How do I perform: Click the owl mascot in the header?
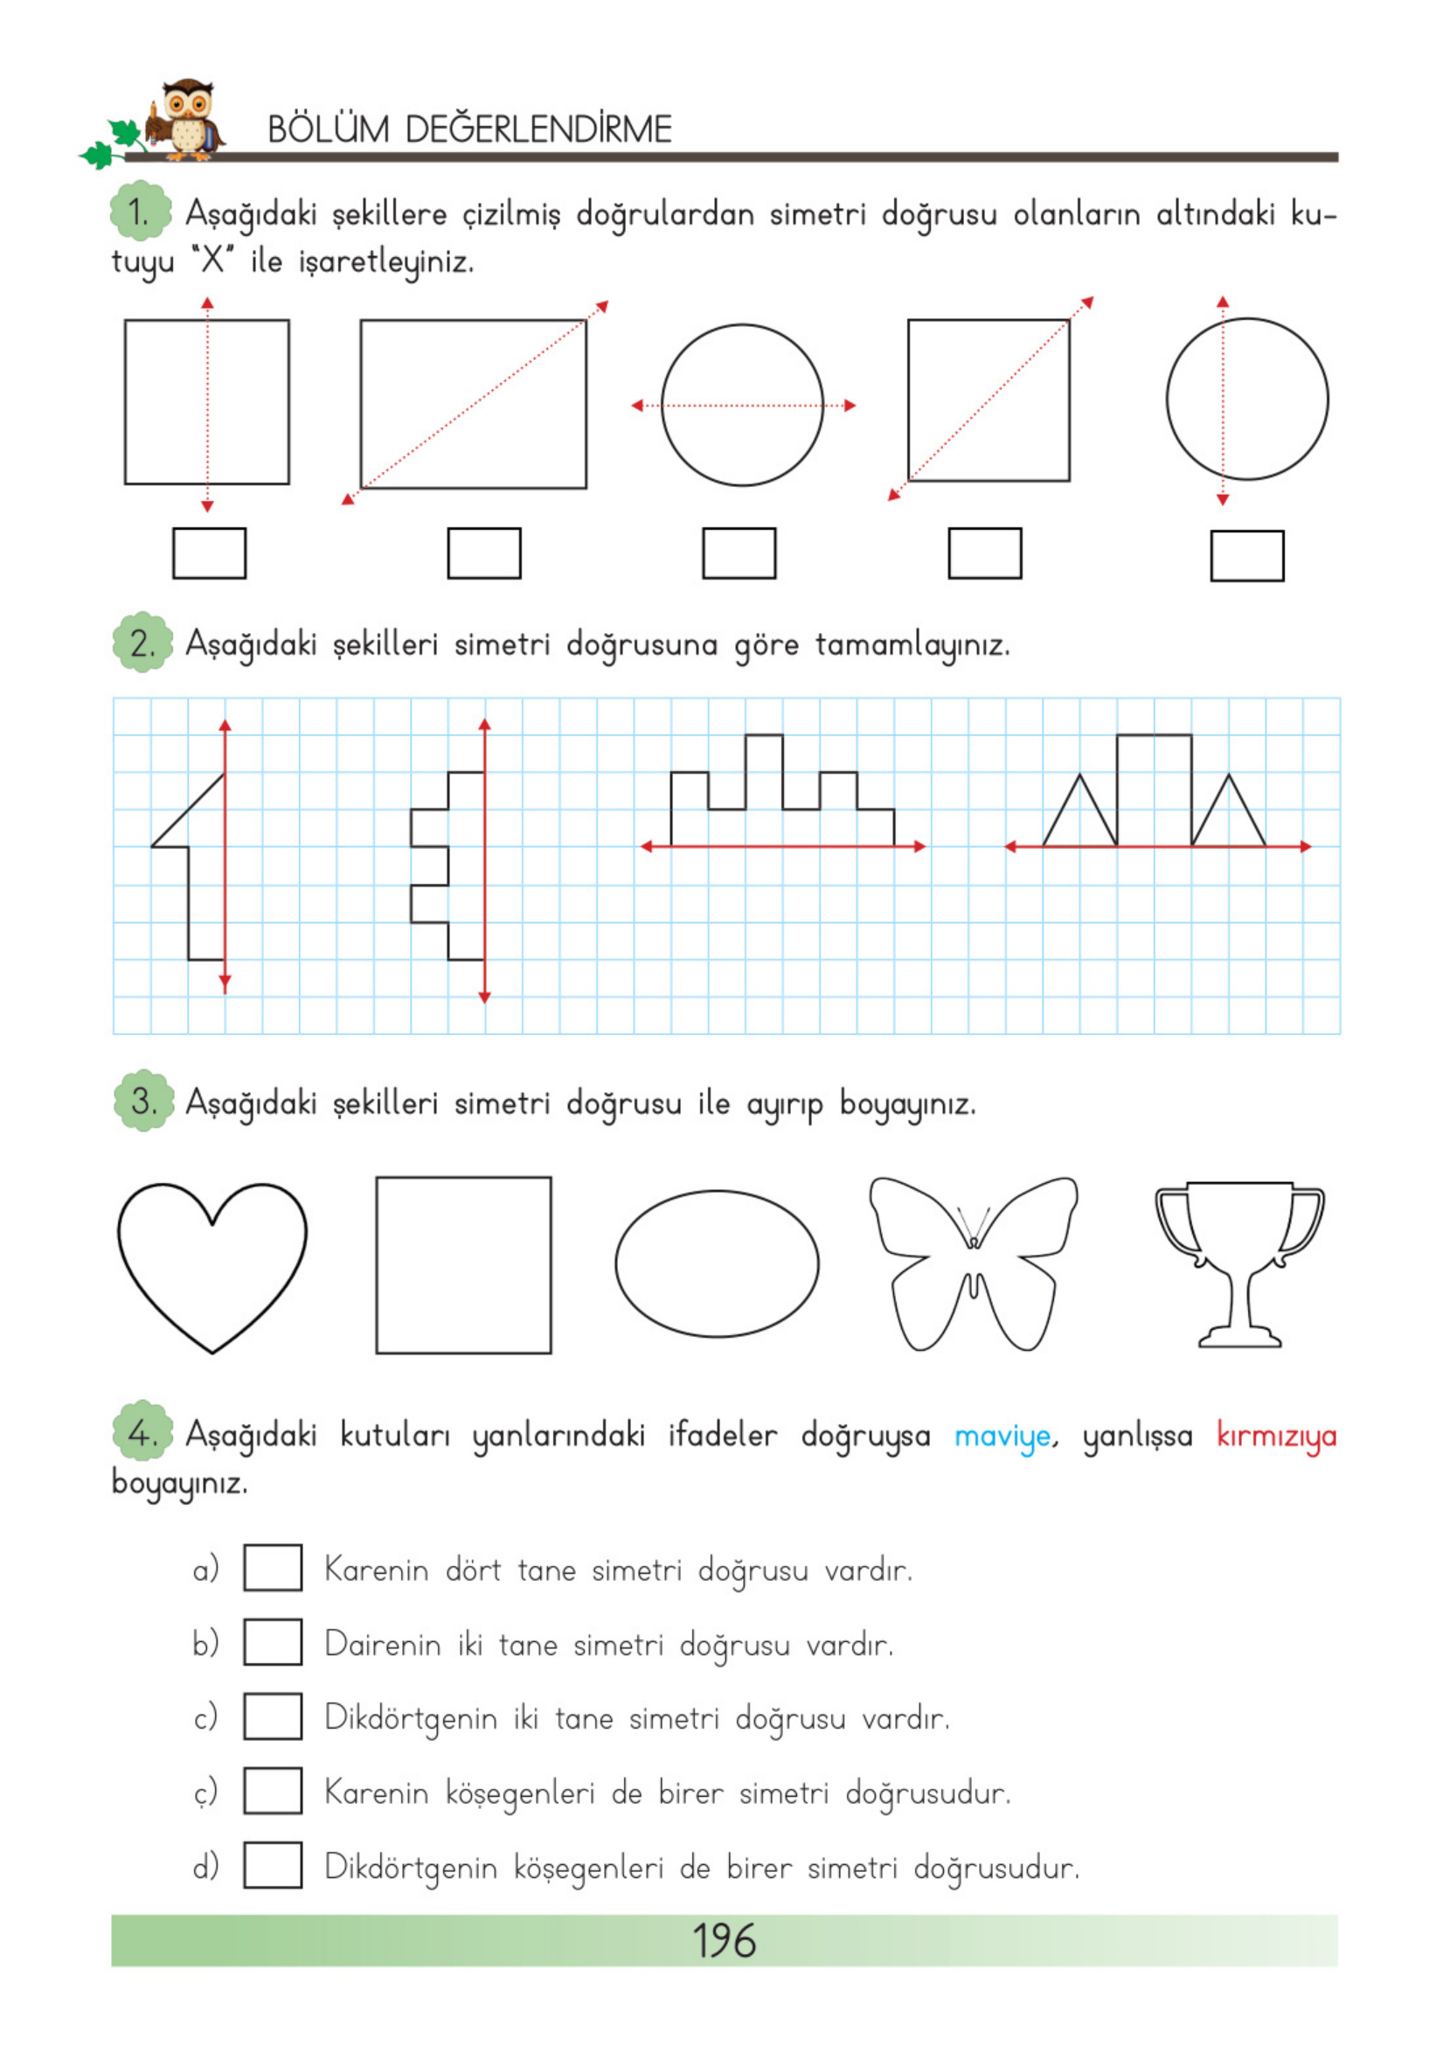pyautogui.click(x=185, y=119)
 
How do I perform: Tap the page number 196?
pyautogui.click(x=724, y=1940)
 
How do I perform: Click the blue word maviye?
pyautogui.click(x=1002, y=1437)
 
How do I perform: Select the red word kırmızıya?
pyautogui.click(x=1276, y=1437)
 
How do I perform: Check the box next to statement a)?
pyautogui.click(x=273, y=1569)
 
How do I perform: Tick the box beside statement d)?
pyautogui.click(x=273, y=1865)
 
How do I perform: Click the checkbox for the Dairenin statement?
pyautogui.click(x=273, y=1642)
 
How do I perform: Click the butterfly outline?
pyautogui.click(x=973, y=1264)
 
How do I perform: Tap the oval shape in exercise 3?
pyautogui.click(x=717, y=1263)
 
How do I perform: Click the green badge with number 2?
pyautogui.click(x=142, y=643)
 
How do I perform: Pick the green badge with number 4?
pyautogui.click(x=142, y=1433)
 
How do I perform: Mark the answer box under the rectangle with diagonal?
pyautogui.click(x=484, y=553)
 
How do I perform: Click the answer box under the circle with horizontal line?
pyautogui.click(x=739, y=553)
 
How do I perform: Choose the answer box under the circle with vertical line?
pyautogui.click(x=1246, y=556)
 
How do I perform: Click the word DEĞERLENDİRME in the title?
pyautogui.click(x=538, y=130)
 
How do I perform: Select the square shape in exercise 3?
pyautogui.click(x=463, y=1264)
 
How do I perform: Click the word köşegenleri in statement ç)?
pyautogui.click(x=520, y=1793)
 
